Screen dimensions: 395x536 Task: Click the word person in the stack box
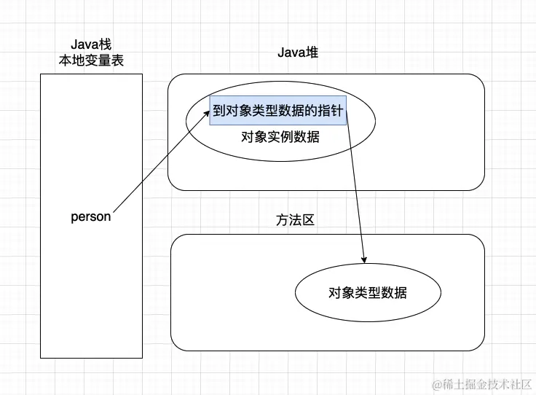point(91,216)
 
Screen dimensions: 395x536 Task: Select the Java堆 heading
point(298,52)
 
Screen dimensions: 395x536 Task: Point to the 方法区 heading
point(295,219)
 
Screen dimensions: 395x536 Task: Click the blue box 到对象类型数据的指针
point(277,111)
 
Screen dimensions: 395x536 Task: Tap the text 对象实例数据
point(280,136)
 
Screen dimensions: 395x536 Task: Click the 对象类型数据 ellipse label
point(367,293)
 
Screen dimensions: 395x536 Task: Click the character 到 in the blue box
point(218,111)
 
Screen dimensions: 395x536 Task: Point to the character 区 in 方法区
point(308,219)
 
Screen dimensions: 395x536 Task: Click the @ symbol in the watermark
point(438,383)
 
